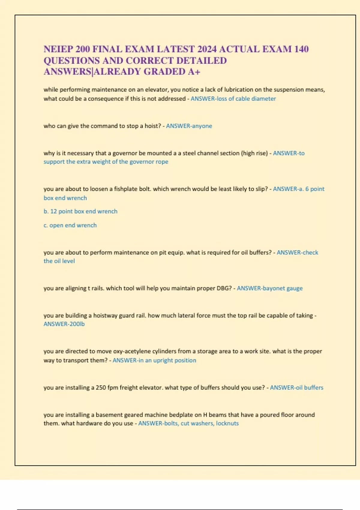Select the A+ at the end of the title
tap(194, 72)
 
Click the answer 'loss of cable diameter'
tap(246, 99)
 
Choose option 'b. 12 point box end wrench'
tap(80, 211)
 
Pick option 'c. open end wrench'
tap(70, 225)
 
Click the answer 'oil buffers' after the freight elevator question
tap(310, 388)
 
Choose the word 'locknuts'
tap(227, 424)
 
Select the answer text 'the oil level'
tap(59, 261)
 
